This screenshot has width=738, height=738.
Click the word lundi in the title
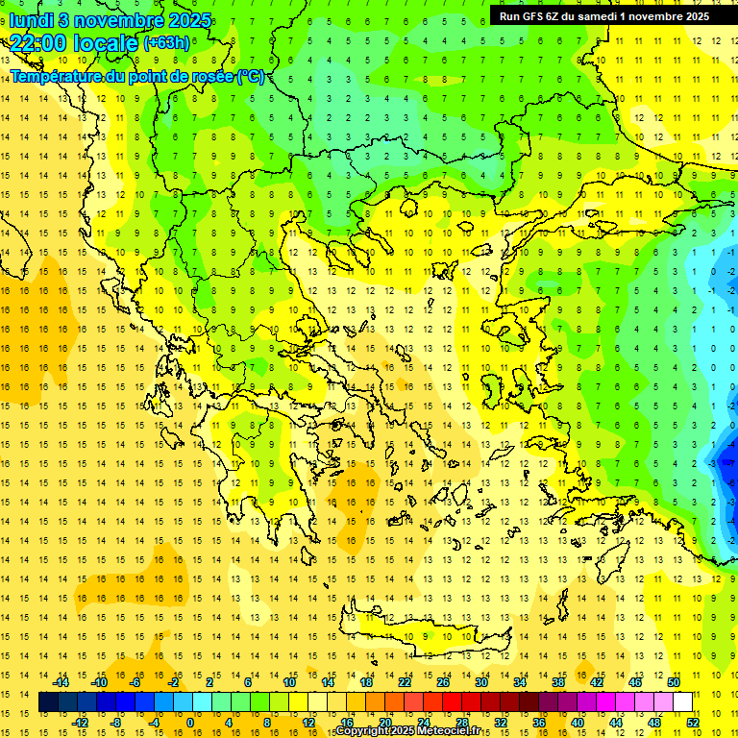[32, 19]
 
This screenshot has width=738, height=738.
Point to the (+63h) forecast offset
[166, 43]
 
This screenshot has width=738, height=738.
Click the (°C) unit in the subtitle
[250, 76]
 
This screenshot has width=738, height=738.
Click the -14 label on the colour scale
[61, 682]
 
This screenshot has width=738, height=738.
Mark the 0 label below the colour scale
[190, 722]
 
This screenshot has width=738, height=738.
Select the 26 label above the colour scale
[442, 682]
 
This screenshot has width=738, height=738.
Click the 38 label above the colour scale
[557, 682]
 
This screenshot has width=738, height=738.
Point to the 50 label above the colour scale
[673, 682]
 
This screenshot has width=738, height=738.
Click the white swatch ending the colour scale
[682, 702]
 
